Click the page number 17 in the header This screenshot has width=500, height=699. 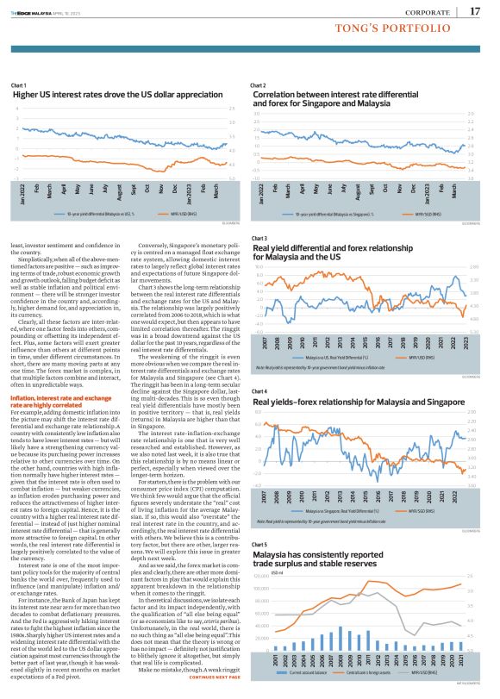[x=475, y=10]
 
